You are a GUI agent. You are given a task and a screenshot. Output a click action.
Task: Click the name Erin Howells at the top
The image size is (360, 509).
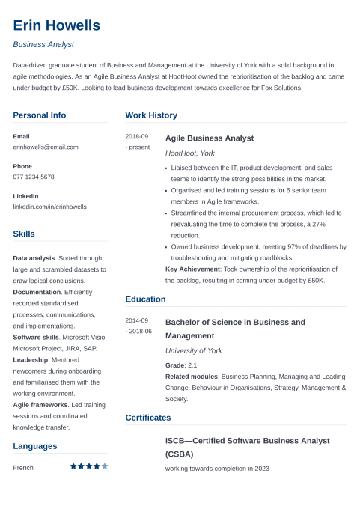(x=56, y=25)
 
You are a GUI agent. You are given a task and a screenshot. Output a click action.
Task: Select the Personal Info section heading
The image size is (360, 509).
(x=40, y=115)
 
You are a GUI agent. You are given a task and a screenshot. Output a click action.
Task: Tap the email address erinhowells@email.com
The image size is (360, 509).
(x=46, y=147)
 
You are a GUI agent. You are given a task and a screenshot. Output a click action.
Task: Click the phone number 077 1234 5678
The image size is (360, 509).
(x=34, y=177)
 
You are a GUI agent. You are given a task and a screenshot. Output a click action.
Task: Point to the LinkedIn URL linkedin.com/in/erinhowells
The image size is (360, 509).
(x=50, y=207)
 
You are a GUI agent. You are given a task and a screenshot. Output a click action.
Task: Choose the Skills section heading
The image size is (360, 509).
(x=24, y=234)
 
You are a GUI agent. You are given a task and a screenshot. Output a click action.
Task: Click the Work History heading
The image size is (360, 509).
(x=151, y=115)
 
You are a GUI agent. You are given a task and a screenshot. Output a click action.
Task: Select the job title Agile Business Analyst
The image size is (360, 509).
(x=209, y=138)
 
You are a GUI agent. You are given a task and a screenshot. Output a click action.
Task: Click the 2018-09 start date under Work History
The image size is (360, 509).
(x=137, y=137)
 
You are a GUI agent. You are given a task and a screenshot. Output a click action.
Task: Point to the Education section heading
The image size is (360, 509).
(x=145, y=299)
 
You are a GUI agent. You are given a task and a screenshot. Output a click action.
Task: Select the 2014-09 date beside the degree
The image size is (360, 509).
(x=137, y=320)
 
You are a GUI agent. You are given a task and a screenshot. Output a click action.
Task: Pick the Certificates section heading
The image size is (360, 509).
(x=148, y=418)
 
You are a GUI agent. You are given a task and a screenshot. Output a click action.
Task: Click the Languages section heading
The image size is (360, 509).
(x=35, y=446)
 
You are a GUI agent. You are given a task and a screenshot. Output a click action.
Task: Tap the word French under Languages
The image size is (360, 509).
(x=23, y=467)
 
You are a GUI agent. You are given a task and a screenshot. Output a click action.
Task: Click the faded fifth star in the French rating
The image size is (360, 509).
(x=105, y=466)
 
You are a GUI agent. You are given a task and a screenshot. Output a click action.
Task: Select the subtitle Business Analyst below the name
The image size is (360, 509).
(x=43, y=45)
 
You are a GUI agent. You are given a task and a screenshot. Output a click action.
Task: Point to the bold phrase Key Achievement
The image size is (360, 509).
(x=192, y=269)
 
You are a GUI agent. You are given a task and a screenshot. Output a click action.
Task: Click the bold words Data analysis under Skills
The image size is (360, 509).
(x=34, y=257)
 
